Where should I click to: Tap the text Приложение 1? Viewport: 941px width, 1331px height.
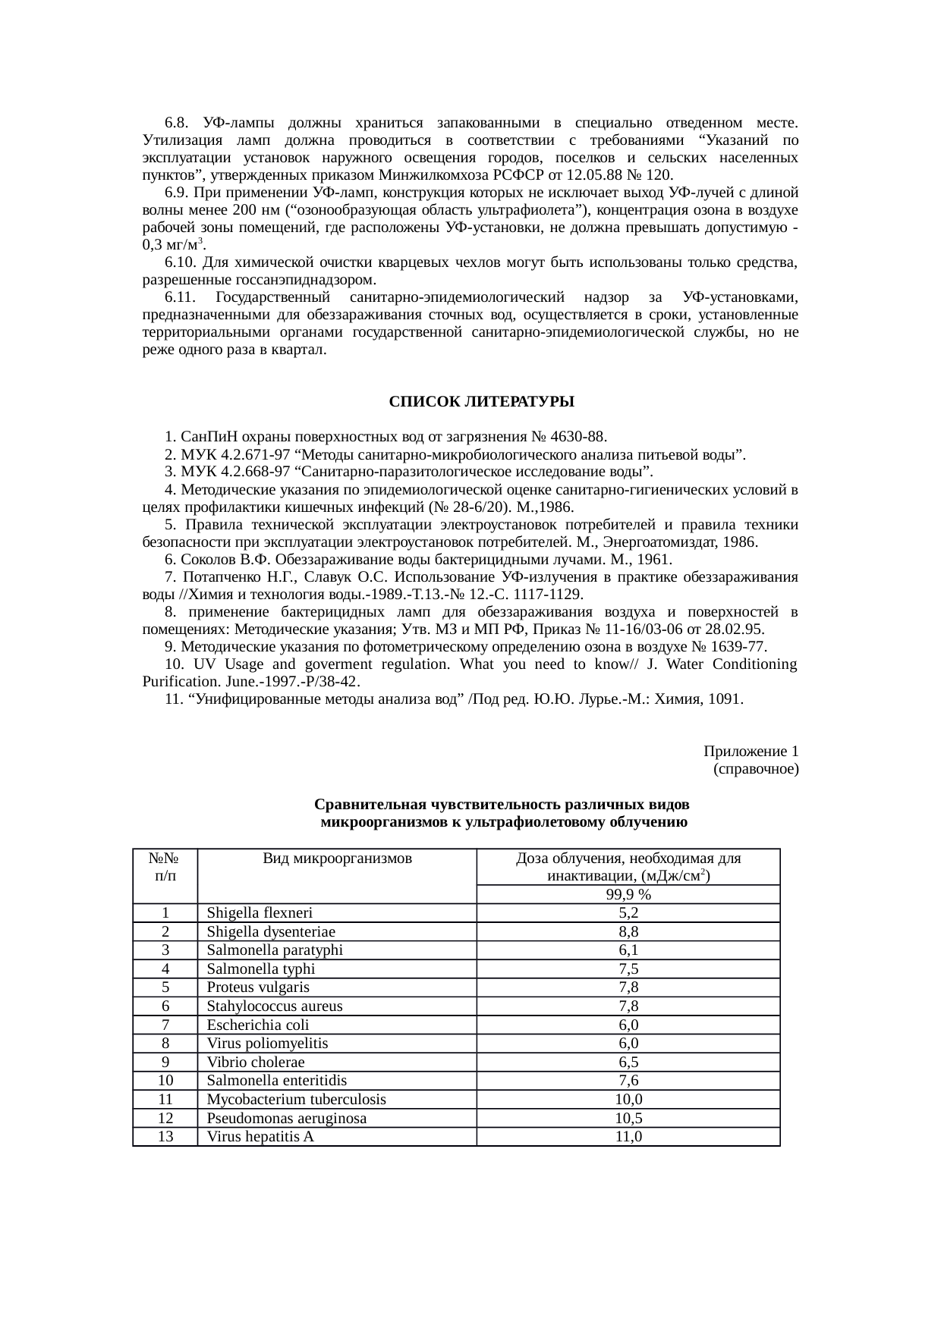pyautogui.click(x=750, y=751)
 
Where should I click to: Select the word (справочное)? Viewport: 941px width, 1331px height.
pyautogui.click(x=755, y=769)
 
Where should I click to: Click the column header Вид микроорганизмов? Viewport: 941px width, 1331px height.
pyautogui.click(x=337, y=859)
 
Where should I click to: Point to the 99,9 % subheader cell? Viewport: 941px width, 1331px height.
pyautogui.click(x=628, y=894)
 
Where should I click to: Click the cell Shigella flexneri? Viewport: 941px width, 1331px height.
pyautogui.click(x=260, y=913)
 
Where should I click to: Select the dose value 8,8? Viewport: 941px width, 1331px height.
pyautogui.click(x=628, y=932)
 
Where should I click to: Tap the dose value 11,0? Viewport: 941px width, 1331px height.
pyautogui.click(x=628, y=1137)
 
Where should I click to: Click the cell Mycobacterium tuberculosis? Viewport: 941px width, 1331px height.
pyautogui.click(x=296, y=1100)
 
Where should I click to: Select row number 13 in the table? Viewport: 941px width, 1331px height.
pyautogui.click(x=165, y=1137)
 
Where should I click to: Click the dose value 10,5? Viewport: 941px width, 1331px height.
pyautogui.click(x=628, y=1119)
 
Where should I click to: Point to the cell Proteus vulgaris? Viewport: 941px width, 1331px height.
pyautogui.click(x=258, y=987)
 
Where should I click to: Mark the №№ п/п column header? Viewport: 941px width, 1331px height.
pyautogui.click(x=165, y=867)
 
